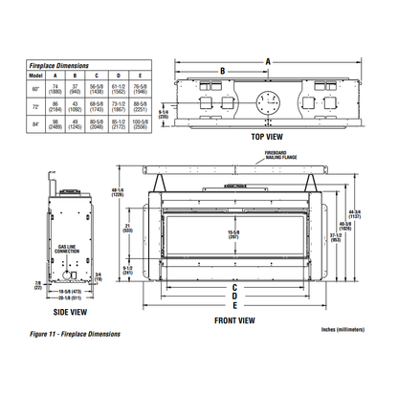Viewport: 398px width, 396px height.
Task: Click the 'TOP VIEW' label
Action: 271,137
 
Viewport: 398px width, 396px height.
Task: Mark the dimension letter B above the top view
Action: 222,71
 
